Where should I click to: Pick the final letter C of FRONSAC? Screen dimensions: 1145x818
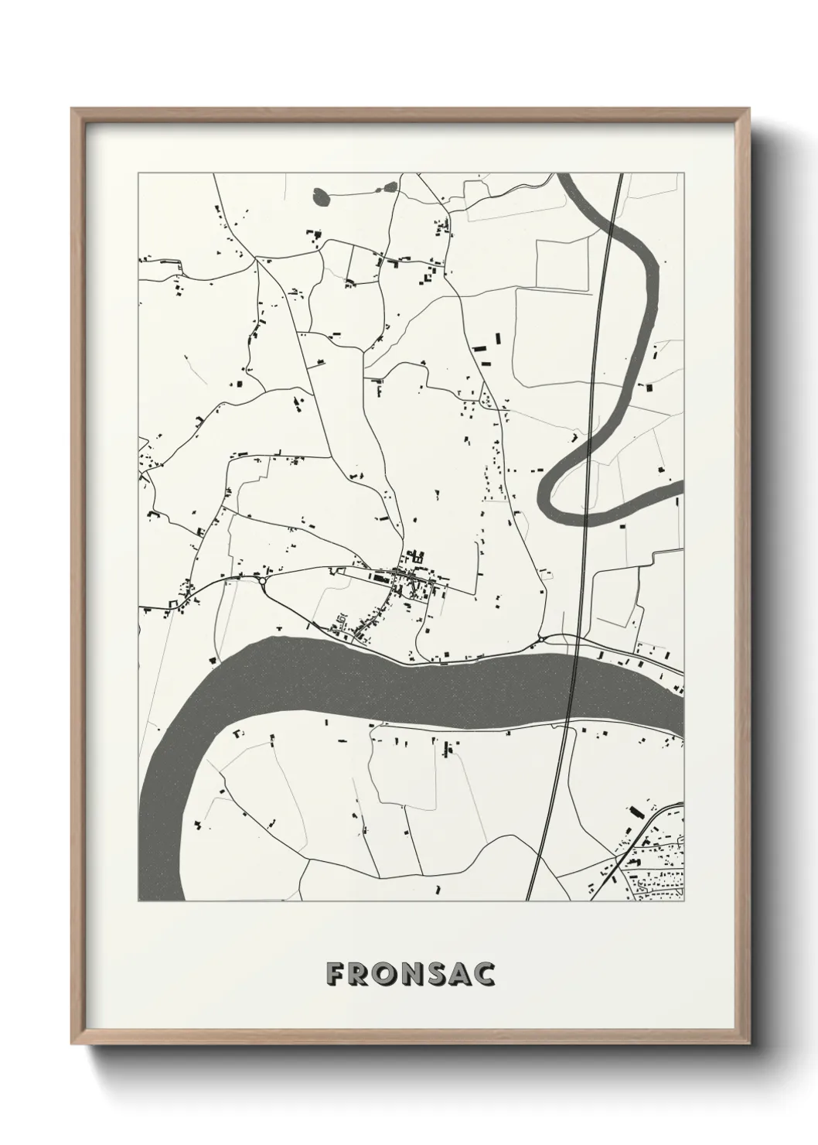485,974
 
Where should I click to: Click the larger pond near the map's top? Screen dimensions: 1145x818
321,197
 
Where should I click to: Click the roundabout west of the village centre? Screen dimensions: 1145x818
264,578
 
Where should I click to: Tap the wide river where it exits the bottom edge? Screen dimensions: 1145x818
171,890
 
